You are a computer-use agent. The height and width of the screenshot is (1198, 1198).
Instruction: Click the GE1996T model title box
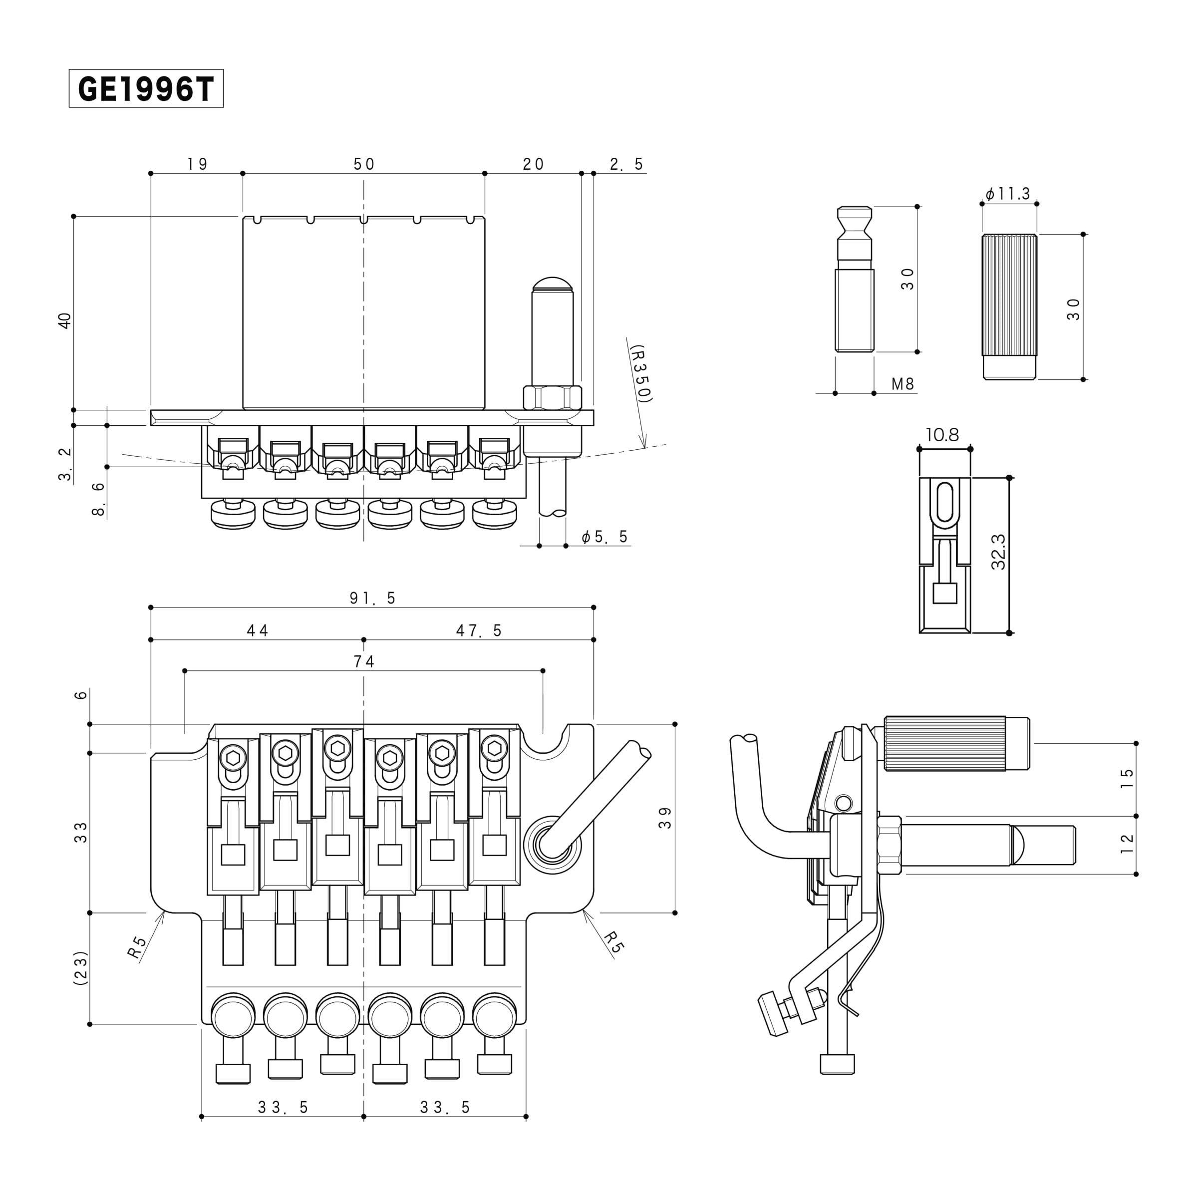click(146, 89)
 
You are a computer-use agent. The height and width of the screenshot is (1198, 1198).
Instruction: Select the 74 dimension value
click(364, 661)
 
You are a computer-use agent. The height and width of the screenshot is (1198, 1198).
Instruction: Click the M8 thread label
click(902, 384)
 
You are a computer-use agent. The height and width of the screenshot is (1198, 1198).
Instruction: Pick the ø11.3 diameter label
click(1008, 194)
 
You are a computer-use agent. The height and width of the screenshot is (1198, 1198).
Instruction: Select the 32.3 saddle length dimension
click(998, 552)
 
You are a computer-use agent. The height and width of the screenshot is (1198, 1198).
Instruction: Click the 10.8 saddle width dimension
click(942, 435)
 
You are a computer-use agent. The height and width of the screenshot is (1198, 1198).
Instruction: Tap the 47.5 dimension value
click(479, 630)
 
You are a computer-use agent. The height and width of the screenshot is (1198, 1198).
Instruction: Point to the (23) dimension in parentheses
click(80, 968)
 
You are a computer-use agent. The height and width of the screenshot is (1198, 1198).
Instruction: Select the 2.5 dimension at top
click(626, 164)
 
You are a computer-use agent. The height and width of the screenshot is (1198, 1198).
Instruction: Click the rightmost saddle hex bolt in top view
click(494, 749)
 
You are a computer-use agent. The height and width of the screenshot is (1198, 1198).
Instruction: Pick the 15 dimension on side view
click(1127, 779)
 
